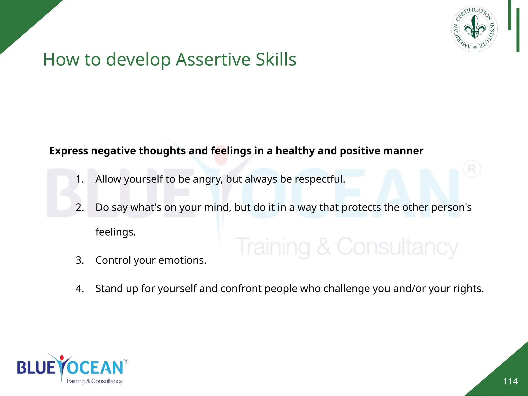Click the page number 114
coord(510,381)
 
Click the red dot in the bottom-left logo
coord(62,358)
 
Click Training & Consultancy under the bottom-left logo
coord(94,381)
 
